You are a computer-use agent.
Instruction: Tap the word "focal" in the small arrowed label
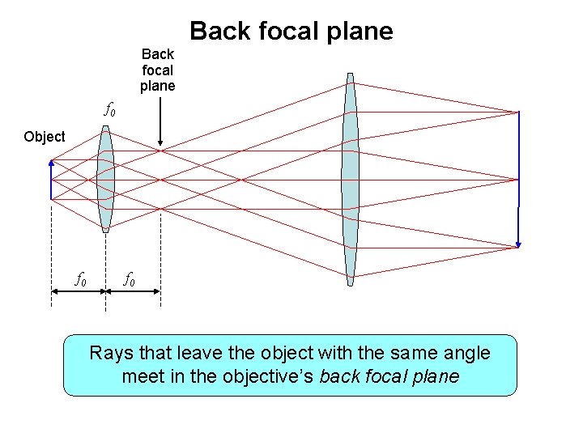click(x=157, y=70)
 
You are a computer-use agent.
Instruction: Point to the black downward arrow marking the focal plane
click(x=160, y=121)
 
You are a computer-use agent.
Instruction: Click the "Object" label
click(x=45, y=137)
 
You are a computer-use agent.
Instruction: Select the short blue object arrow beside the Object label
click(x=51, y=178)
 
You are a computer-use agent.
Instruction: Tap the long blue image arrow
click(x=518, y=178)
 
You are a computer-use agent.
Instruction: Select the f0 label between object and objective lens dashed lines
click(x=81, y=280)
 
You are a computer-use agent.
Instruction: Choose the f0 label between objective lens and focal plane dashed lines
click(x=129, y=280)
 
